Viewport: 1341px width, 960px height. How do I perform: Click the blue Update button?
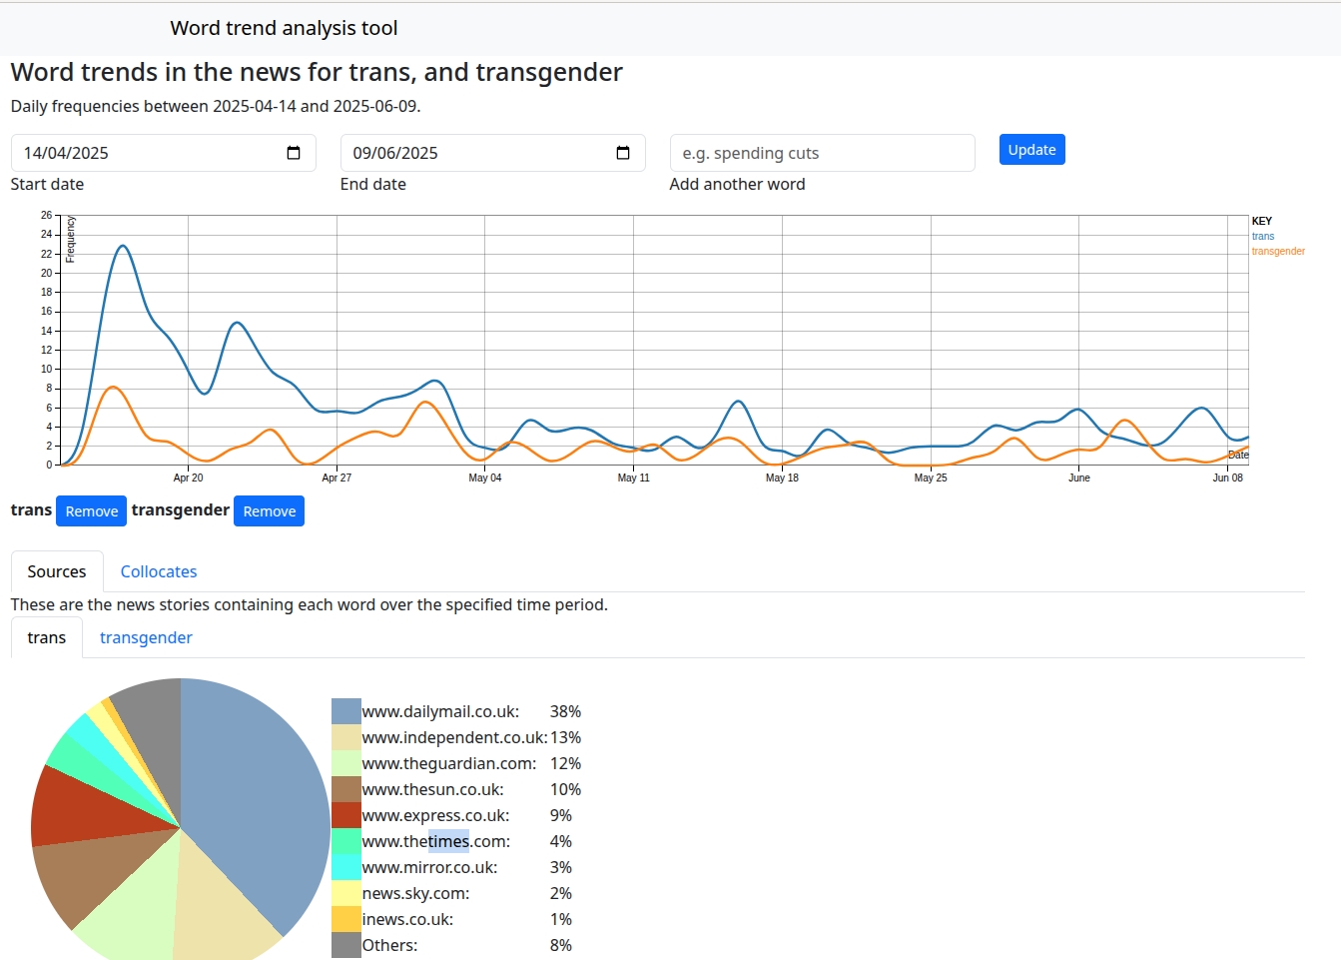click(1031, 150)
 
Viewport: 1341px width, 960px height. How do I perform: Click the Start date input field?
click(150, 153)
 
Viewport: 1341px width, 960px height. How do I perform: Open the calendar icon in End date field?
click(623, 153)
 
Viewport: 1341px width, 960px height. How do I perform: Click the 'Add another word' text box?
click(822, 153)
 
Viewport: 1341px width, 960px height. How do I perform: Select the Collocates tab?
click(159, 571)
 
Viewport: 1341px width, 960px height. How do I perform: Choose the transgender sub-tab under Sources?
click(146, 637)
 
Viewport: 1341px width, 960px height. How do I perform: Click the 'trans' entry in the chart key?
click(1263, 237)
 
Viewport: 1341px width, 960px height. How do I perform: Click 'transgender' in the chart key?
click(1278, 252)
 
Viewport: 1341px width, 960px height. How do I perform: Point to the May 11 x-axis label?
click(633, 478)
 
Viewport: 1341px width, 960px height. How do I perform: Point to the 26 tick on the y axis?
click(46, 215)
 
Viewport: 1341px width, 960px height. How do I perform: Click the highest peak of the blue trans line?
click(123, 246)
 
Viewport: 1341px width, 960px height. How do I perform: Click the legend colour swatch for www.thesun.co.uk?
click(346, 789)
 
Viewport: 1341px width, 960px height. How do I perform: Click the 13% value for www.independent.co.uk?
click(565, 737)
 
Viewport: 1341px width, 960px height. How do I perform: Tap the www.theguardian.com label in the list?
click(448, 763)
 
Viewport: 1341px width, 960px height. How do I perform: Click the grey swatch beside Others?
click(346, 945)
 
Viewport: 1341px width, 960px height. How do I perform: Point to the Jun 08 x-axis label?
click(1227, 478)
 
